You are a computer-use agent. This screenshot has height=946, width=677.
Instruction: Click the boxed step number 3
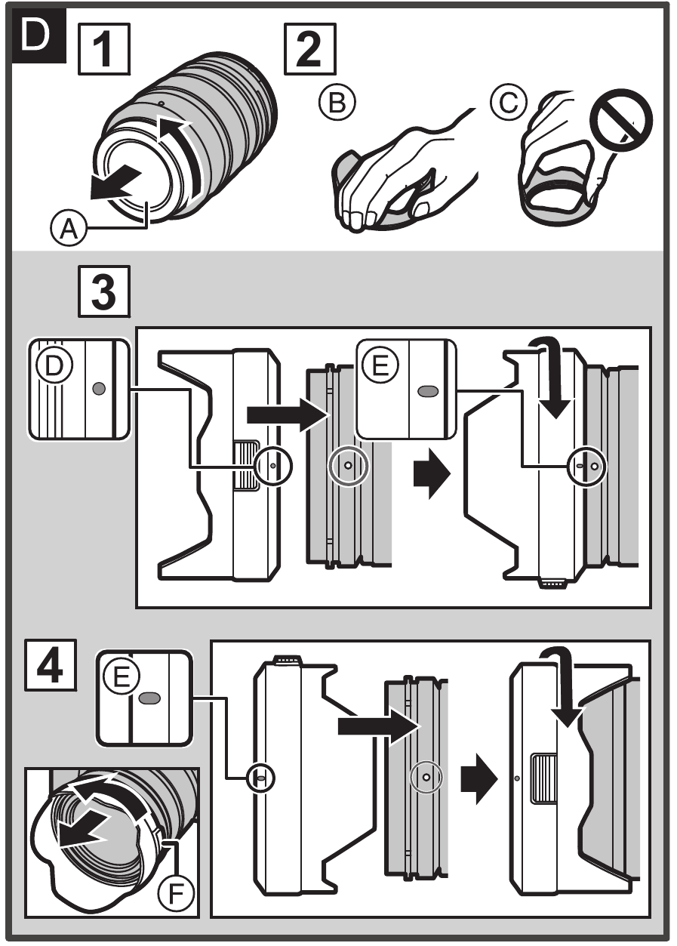[103, 293]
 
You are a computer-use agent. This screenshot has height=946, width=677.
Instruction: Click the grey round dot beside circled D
[97, 387]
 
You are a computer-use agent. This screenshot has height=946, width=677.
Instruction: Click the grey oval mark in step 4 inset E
[149, 697]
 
